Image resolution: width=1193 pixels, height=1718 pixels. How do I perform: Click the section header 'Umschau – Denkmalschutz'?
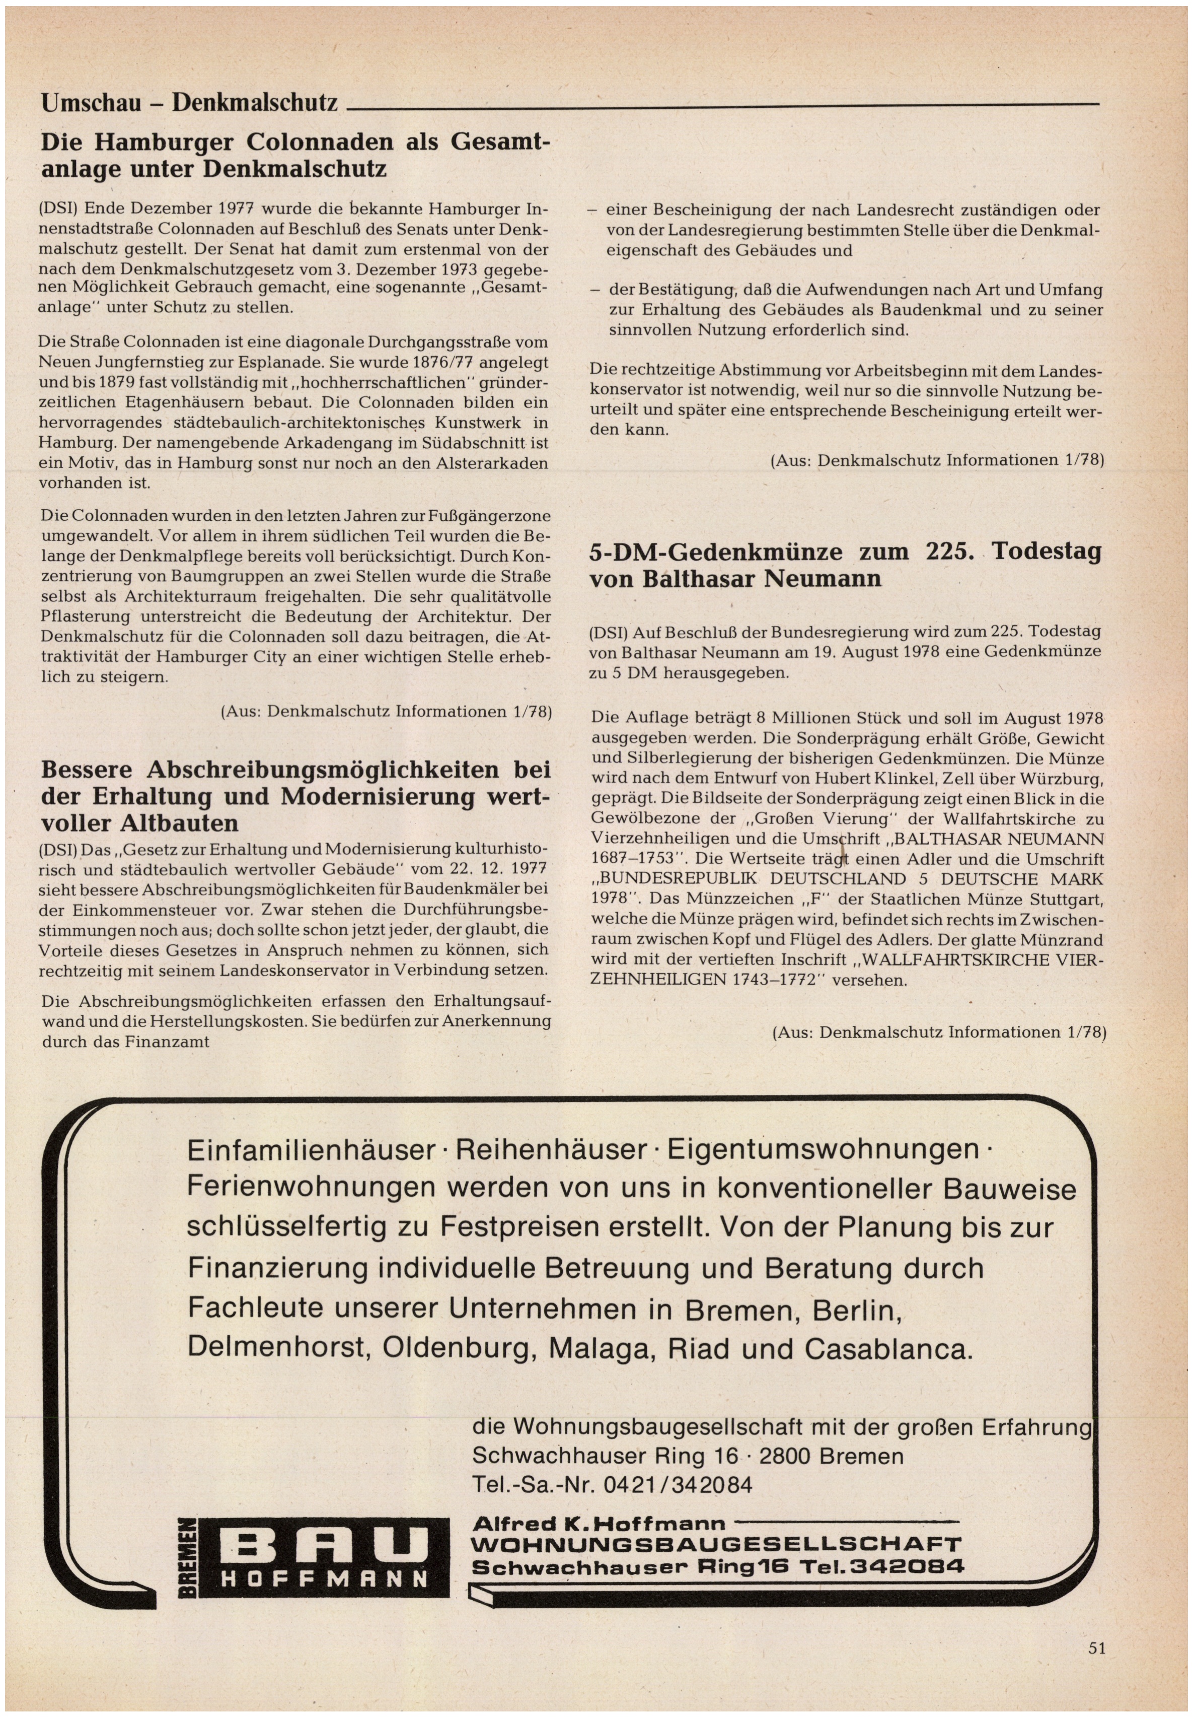(189, 102)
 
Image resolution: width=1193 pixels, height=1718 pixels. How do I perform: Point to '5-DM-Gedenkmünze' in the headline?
(715, 552)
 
